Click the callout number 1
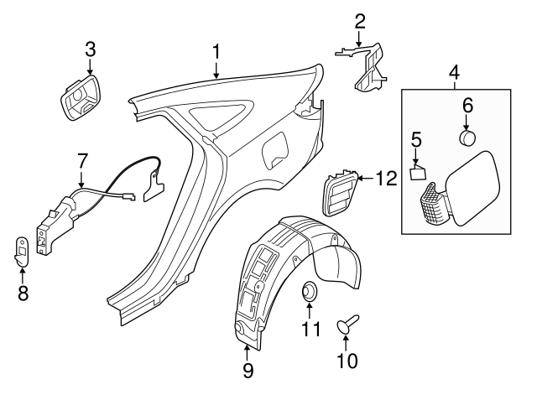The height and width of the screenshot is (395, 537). click(216, 51)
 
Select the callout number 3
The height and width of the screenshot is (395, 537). click(90, 49)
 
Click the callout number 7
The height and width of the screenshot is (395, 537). click(82, 159)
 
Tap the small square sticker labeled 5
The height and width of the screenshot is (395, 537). click(418, 174)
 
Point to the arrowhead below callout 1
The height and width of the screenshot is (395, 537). click(216, 76)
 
